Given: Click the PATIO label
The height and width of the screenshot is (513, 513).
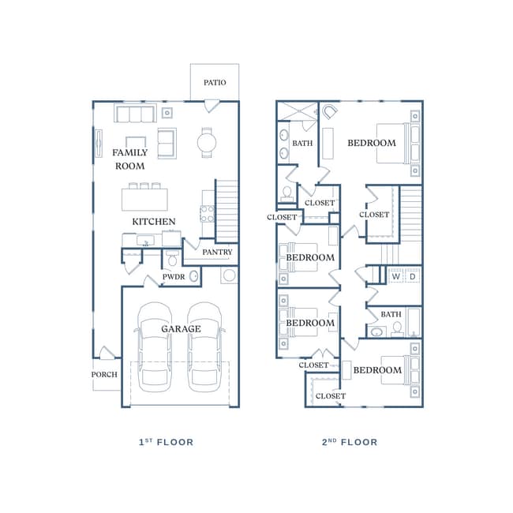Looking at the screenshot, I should tap(215, 83).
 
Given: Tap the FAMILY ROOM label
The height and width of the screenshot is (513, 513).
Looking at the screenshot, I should tap(130, 159).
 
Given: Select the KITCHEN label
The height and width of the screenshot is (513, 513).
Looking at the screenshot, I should tap(154, 222).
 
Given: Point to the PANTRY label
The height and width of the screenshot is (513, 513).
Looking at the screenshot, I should tap(217, 253).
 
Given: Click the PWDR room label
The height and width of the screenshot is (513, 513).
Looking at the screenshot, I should tap(174, 277).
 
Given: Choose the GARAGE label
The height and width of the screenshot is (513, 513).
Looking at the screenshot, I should tap(181, 329).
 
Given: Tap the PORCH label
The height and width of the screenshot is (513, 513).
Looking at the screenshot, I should tap(104, 375).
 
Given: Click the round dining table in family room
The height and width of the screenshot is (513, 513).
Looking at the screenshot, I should tap(207, 143).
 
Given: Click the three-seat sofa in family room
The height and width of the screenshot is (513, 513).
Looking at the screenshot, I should tap(134, 114).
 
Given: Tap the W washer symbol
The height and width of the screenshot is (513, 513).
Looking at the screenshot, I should tap(396, 276).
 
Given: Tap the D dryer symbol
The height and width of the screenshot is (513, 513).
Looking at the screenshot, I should tap(412, 276).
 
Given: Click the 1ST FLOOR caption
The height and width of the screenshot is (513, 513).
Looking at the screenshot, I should tap(166, 442).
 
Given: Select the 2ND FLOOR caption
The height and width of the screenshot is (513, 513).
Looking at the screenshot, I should tap(350, 442).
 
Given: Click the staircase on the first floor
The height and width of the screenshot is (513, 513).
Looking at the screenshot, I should tap(227, 210).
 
